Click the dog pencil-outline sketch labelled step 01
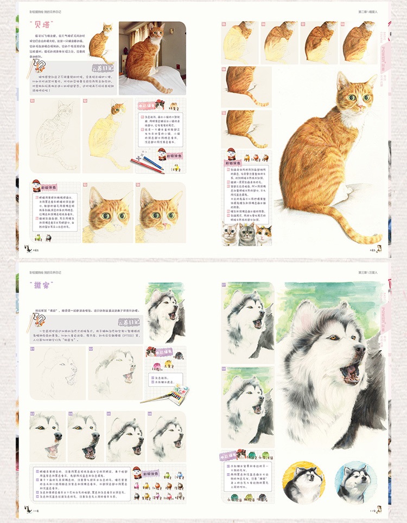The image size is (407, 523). [54, 371]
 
